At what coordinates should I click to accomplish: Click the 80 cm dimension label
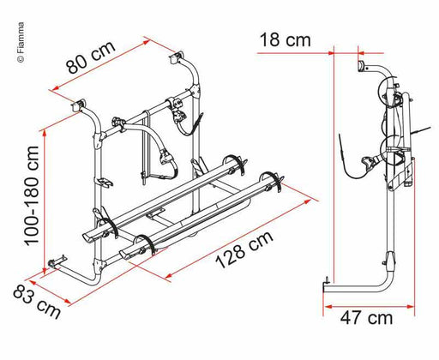pos(91,57)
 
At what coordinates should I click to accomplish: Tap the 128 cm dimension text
pos(244,249)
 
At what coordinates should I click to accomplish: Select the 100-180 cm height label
pos(32,195)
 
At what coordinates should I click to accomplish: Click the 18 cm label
pos(285,40)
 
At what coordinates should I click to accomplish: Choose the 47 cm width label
pos(366,318)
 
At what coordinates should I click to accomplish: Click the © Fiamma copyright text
pos(21,42)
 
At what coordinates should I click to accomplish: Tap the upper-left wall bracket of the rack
pos(79,105)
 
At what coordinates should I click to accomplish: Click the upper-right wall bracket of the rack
pos(177,57)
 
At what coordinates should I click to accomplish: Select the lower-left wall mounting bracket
pos(58,261)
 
